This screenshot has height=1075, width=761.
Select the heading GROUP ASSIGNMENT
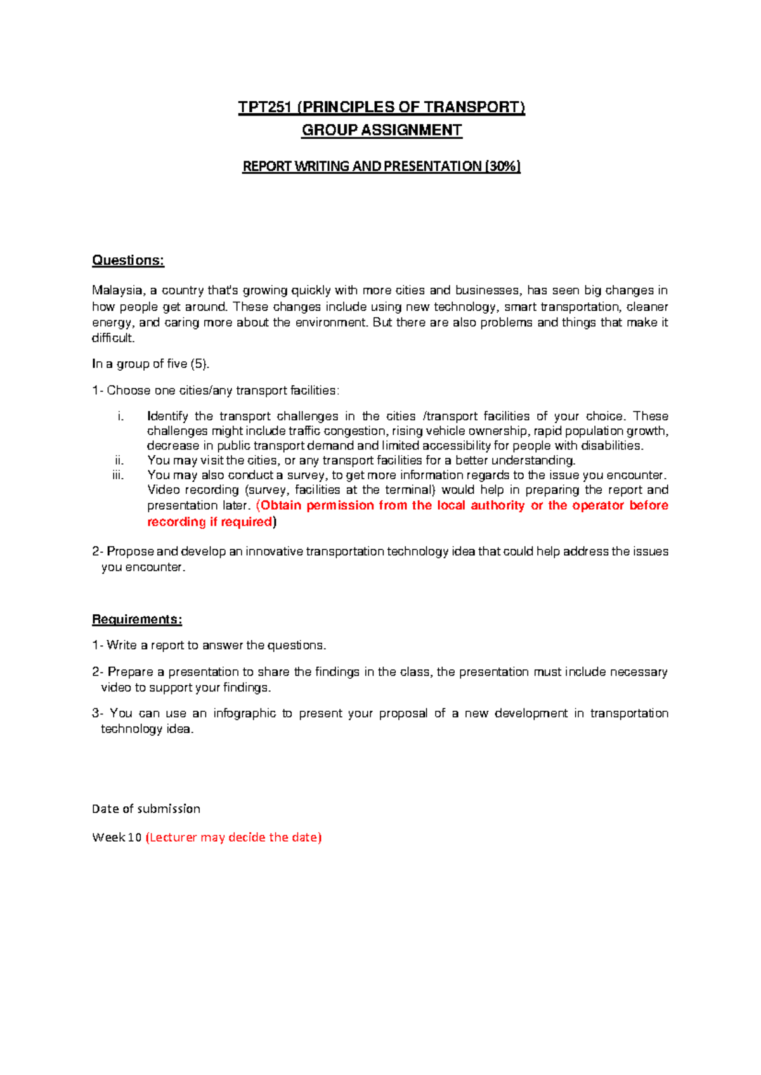pyautogui.click(x=382, y=130)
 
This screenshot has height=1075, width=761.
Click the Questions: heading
pyautogui.click(x=128, y=260)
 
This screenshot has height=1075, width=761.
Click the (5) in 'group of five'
pyautogui.click(x=199, y=364)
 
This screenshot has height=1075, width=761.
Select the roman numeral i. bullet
pyautogui.click(x=120, y=416)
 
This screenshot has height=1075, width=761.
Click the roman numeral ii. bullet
pyautogui.click(x=119, y=460)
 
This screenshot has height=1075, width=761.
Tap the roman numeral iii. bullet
pyautogui.click(x=118, y=475)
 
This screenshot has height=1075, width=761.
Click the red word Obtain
pyautogui.click(x=281, y=505)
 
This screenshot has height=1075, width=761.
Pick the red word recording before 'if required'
pyautogui.click(x=176, y=522)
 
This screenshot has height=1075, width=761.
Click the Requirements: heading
pyautogui.click(x=137, y=619)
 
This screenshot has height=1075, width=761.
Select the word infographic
pyautogui.click(x=244, y=713)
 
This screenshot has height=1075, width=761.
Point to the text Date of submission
pyautogui.click(x=146, y=809)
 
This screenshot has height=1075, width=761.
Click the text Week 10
pyautogui.click(x=117, y=837)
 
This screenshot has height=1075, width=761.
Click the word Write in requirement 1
pyautogui.click(x=122, y=645)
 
